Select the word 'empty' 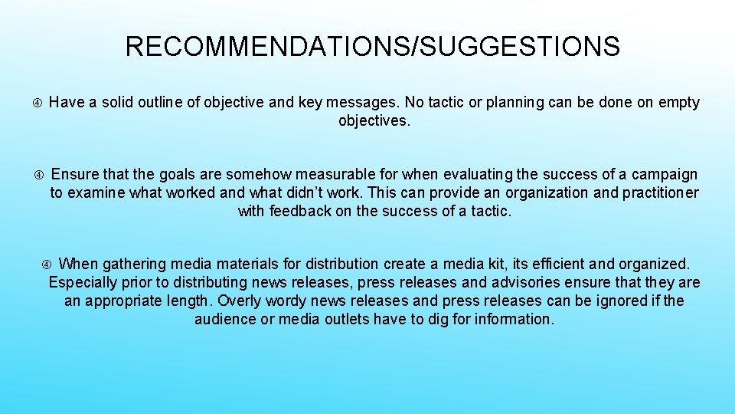(x=679, y=103)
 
